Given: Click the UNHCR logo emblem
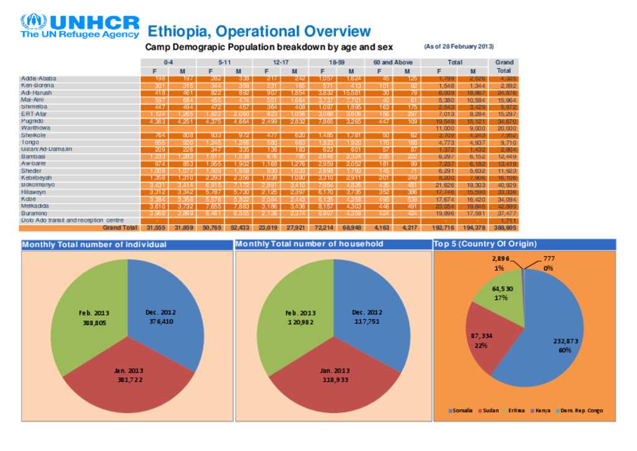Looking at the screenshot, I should click(34, 22).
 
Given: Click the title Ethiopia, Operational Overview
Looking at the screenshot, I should click(259, 31).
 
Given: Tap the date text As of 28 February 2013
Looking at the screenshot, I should click(458, 47).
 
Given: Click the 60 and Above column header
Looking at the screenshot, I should click(393, 62).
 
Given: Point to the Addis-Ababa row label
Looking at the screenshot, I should click(39, 78).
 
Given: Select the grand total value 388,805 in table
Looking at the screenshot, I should click(504, 228).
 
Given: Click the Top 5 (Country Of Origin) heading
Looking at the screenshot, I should click(485, 244).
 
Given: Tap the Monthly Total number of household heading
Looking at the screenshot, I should click(309, 244).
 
